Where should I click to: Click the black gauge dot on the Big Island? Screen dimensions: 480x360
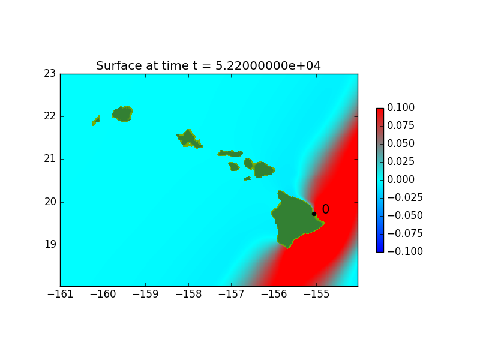pos(314,214)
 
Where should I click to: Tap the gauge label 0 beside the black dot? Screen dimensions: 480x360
pos(325,209)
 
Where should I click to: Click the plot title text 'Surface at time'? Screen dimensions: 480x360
pos(142,66)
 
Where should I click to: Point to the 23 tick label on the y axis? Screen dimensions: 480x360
pos(50,73)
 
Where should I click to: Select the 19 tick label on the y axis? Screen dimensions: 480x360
pos(50,245)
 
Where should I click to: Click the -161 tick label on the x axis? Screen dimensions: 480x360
pos(61,294)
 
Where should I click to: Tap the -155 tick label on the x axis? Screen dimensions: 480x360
pos(317,294)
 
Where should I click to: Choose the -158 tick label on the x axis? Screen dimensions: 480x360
pos(188,294)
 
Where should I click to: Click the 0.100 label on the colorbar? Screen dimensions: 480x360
pos(401,107)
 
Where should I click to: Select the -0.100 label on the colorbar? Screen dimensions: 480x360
pos(405,251)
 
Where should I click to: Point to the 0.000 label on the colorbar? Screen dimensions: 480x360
pos(401,179)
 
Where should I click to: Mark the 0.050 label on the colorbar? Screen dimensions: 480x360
pos(401,143)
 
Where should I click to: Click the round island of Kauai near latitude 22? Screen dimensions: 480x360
pos(122,114)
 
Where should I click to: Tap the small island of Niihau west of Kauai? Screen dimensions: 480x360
pos(96,121)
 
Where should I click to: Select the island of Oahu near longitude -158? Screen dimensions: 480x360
pos(189,139)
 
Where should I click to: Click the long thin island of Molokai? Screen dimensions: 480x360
pos(230,154)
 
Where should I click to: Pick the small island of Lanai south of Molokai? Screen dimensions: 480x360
pos(234,167)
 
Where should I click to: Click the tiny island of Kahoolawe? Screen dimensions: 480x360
pos(248,178)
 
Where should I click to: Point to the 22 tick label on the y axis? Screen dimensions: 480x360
pos(50,116)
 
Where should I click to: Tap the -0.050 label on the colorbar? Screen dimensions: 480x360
pos(405,215)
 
